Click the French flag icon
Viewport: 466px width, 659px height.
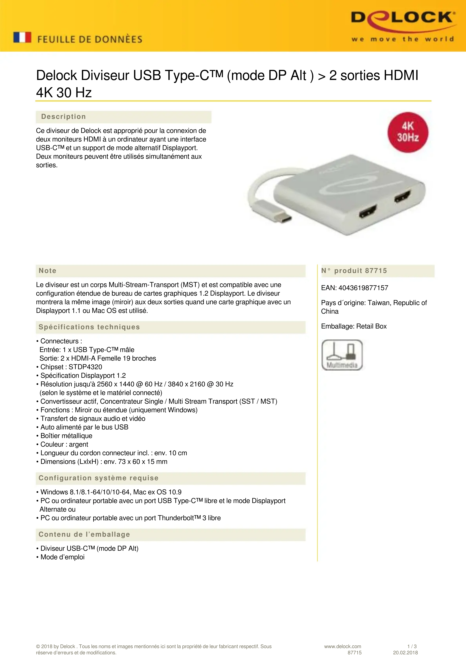[x=22, y=38]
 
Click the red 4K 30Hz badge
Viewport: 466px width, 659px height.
[x=408, y=132]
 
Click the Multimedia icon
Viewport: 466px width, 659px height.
[x=342, y=355]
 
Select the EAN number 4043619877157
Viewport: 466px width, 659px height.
[x=363, y=288]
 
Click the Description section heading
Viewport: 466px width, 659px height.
[x=63, y=117]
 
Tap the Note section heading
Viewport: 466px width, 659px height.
[x=48, y=271]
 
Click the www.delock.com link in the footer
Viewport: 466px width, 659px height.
[x=342, y=646]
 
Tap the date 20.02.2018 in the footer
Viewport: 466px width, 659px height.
[x=405, y=653]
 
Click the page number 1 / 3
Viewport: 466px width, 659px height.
[x=412, y=646]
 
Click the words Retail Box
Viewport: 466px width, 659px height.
[x=371, y=326]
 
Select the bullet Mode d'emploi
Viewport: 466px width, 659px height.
[x=62, y=557]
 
